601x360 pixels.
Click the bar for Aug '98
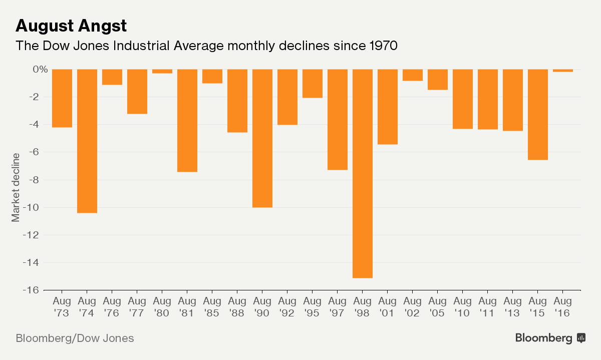[363, 173]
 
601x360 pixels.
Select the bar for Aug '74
[87, 141]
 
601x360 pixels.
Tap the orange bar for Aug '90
[262, 138]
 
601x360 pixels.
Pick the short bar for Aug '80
[162, 71]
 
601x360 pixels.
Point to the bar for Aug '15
[538, 114]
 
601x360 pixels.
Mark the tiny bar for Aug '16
[563, 71]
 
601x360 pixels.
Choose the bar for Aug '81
[187, 120]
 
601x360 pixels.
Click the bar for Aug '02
[413, 75]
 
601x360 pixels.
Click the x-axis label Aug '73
[62, 307]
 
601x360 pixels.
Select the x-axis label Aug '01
[388, 307]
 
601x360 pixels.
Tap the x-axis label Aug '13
[513, 307]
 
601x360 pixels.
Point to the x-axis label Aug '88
[237, 307]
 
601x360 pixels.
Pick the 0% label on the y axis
[40, 69]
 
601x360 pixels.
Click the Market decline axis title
[16, 187]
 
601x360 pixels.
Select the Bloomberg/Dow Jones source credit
[75, 338]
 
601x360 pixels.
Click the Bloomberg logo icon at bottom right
[581, 338]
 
